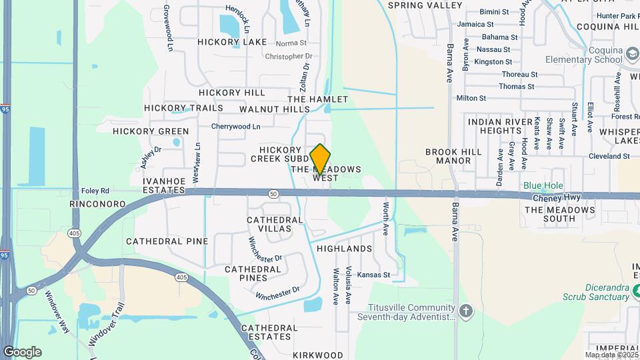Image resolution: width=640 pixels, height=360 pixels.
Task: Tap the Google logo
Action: (x=22, y=352)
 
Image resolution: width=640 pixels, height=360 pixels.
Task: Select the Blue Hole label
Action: (x=543, y=186)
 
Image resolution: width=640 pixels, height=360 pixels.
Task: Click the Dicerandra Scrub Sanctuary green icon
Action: (x=635, y=291)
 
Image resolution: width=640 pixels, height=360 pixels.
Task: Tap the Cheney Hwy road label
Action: (x=557, y=198)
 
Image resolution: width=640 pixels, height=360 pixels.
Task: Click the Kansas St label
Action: (x=373, y=275)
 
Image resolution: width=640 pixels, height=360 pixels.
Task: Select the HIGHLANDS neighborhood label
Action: (x=344, y=249)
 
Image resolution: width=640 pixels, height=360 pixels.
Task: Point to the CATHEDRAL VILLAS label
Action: (x=269, y=224)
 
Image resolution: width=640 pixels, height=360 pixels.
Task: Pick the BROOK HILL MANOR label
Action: (x=453, y=156)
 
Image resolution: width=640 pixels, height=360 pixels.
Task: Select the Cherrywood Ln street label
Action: (x=235, y=126)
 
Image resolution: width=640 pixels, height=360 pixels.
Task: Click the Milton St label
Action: (x=471, y=98)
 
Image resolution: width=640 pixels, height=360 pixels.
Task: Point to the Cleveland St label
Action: (x=609, y=156)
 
